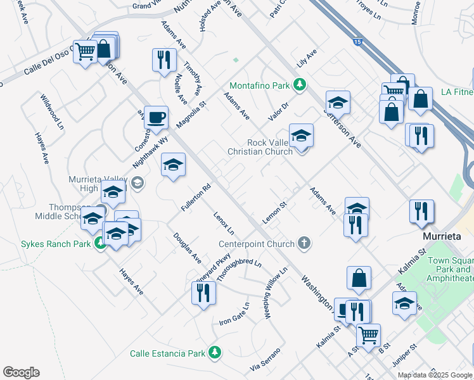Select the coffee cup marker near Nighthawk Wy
pos(156,117)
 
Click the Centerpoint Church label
pos(257,244)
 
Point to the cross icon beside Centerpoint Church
pos(304,243)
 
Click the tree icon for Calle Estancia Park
pos(215,353)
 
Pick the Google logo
pos(21,372)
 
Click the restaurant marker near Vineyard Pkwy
pos(203,293)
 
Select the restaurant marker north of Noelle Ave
pos(164,60)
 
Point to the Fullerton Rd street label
pos(195,198)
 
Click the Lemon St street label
pos(275,212)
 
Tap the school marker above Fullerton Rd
pos(173,165)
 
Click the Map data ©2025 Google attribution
pos(435,374)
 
